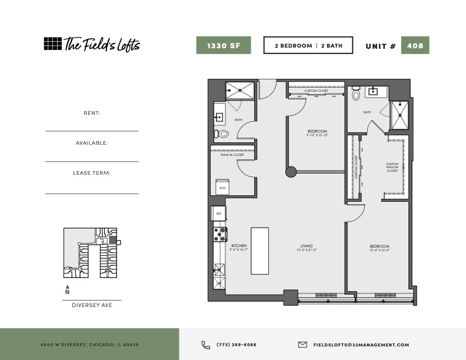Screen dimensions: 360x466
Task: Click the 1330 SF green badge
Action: tap(224, 45)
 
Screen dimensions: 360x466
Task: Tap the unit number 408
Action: tap(415, 45)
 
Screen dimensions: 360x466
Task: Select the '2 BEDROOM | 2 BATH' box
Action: tap(308, 45)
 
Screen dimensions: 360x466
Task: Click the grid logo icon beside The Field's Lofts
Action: tap(52, 44)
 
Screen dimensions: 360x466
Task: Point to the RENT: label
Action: tap(92, 112)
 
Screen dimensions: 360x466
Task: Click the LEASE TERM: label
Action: tap(92, 173)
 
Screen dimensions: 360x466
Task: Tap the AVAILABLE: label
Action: tap(92, 143)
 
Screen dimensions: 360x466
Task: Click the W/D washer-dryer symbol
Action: tap(222, 185)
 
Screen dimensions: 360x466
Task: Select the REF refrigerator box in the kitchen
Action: tap(218, 214)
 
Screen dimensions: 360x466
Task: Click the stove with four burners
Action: tap(220, 234)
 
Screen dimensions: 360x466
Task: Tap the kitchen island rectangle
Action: tap(259, 251)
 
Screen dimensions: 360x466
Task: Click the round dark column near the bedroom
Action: tap(291, 172)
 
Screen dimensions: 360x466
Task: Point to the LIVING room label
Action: tap(306, 246)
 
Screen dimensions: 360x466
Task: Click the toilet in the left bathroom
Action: tap(222, 134)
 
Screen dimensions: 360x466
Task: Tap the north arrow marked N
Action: tap(67, 289)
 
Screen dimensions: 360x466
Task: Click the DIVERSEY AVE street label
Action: tap(92, 305)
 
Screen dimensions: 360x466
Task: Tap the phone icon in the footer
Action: tap(205, 345)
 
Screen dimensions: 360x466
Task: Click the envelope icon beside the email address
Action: tap(302, 345)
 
